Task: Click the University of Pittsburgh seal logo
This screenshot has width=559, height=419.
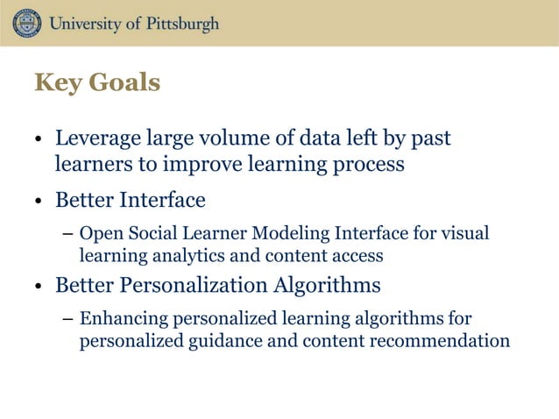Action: click(x=26, y=23)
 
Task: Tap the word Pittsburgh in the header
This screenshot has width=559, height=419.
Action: click(x=174, y=24)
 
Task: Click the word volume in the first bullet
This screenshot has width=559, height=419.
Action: click(x=229, y=139)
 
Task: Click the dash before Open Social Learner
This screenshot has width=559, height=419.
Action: click(x=67, y=235)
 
